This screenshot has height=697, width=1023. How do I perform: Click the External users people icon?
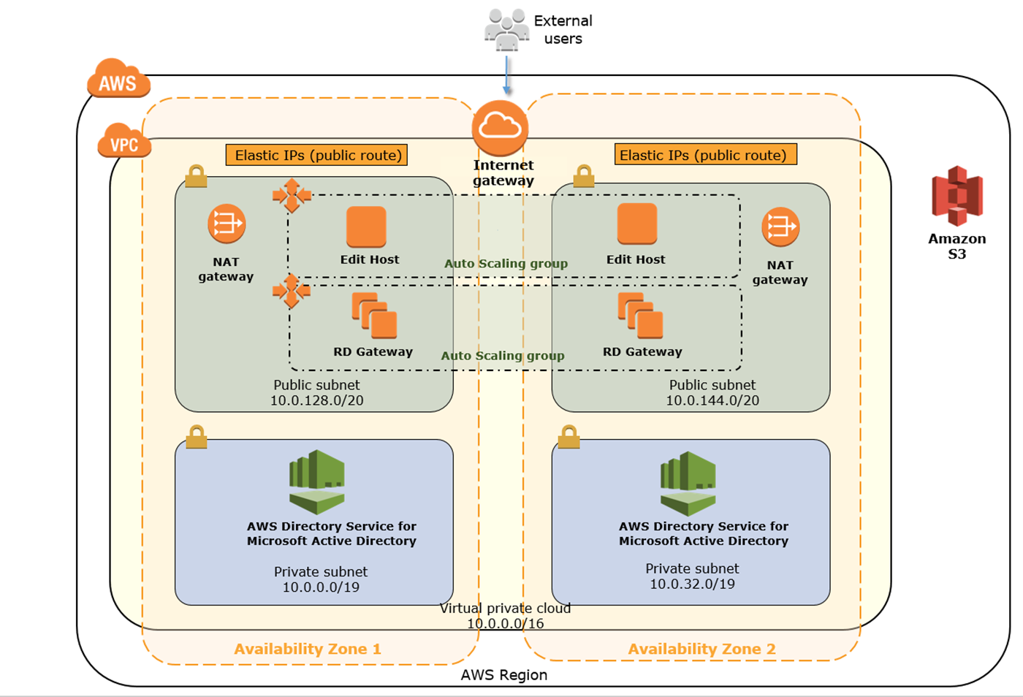506,30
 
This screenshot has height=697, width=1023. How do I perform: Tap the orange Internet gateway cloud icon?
500,128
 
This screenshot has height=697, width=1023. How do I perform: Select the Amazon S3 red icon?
957,196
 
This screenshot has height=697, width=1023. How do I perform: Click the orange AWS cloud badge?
118,79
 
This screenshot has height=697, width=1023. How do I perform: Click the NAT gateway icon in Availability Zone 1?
227,224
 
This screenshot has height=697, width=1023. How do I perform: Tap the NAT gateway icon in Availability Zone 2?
780,227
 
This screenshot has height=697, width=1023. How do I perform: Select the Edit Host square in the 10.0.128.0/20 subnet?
366,226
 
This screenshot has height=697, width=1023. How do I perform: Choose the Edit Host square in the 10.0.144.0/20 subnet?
636,224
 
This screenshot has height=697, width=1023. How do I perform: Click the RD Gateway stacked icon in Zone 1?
374,316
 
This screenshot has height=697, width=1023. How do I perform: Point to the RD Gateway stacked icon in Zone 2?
640,316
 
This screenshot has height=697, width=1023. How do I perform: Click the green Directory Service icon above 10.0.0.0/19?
317,481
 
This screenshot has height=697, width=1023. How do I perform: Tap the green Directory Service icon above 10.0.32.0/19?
688,483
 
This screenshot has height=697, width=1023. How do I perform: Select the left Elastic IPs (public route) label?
317,155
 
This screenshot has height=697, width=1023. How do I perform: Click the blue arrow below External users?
507,75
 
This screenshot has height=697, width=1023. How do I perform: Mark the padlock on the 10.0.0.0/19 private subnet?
196,437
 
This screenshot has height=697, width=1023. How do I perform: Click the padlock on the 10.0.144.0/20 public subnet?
583,176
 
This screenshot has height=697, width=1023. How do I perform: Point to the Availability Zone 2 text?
701,649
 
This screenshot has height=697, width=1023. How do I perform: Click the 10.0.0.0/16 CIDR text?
505,623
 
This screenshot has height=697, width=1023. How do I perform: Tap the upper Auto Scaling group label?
506,263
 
